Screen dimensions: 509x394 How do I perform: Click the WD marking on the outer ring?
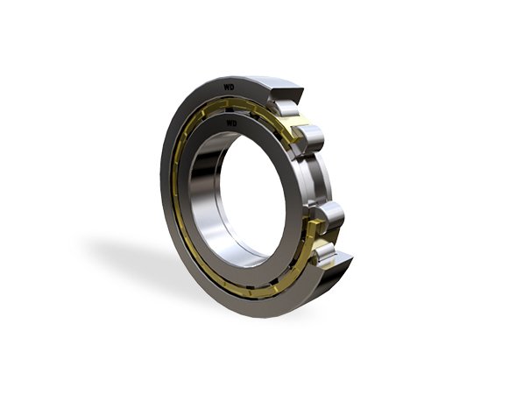coord(229,88)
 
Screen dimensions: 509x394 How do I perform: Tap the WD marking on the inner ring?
coord(232,123)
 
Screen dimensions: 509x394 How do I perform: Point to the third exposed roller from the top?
coord(328,215)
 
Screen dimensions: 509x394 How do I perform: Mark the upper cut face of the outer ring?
coord(286,94)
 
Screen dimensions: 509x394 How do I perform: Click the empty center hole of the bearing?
coord(252,195)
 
